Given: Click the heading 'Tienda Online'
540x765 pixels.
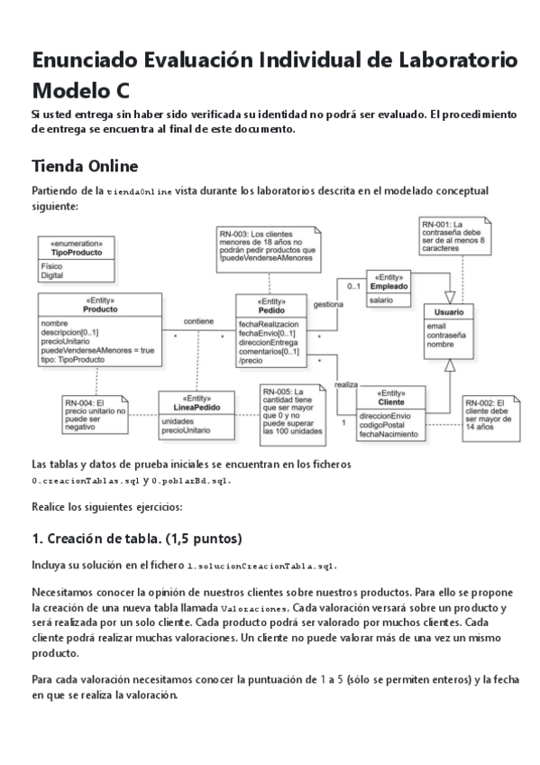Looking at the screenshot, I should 85,166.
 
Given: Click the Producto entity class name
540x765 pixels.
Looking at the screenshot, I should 99,309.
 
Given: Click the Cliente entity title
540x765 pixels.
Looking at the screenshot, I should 391,402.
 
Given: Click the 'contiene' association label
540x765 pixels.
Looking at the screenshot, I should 198,320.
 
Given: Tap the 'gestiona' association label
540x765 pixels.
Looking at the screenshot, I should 327,304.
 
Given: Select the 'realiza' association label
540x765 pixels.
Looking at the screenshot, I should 346,384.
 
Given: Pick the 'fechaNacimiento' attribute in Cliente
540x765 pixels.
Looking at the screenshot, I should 389,435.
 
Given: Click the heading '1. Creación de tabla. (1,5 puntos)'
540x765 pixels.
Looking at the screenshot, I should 136,539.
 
